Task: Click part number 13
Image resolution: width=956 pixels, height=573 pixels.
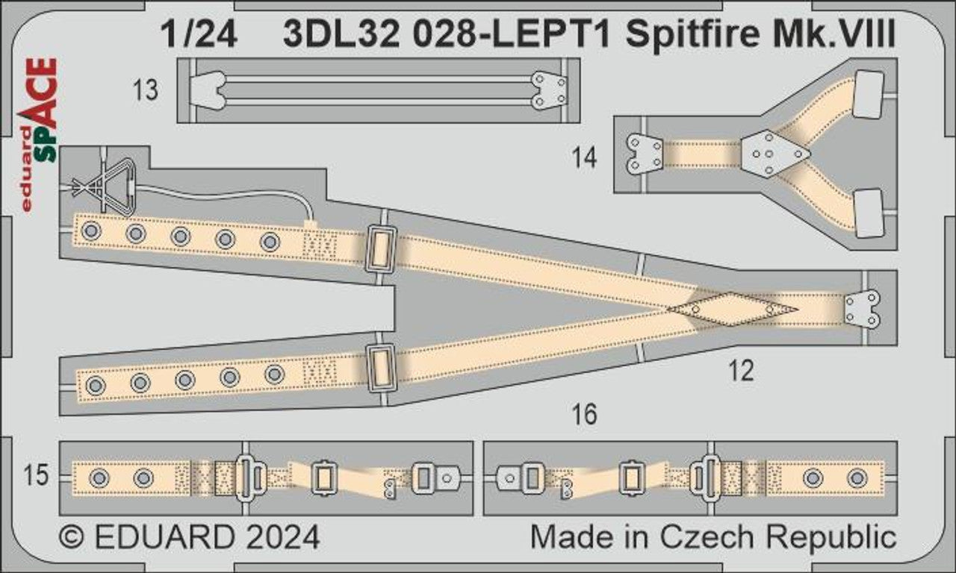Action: pyautogui.click(x=146, y=90)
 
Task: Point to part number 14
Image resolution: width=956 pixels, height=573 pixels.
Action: pyautogui.click(x=584, y=157)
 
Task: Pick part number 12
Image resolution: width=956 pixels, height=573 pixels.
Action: pyautogui.click(x=742, y=371)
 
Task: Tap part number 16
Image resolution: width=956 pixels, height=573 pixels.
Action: pyautogui.click(x=584, y=414)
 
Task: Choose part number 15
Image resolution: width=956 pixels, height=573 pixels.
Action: pyautogui.click(x=36, y=475)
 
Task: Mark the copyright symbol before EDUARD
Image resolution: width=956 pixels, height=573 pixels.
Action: pyautogui.click(x=72, y=537)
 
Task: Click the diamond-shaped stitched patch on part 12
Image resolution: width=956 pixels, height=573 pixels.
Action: pyautogui.click(x=733, y=309)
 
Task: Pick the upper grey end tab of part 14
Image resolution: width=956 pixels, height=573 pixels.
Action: pyautogui.click(x=869, y=95)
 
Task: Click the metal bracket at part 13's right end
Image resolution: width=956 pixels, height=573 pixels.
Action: pyautogui.click(x=549, y=90)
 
